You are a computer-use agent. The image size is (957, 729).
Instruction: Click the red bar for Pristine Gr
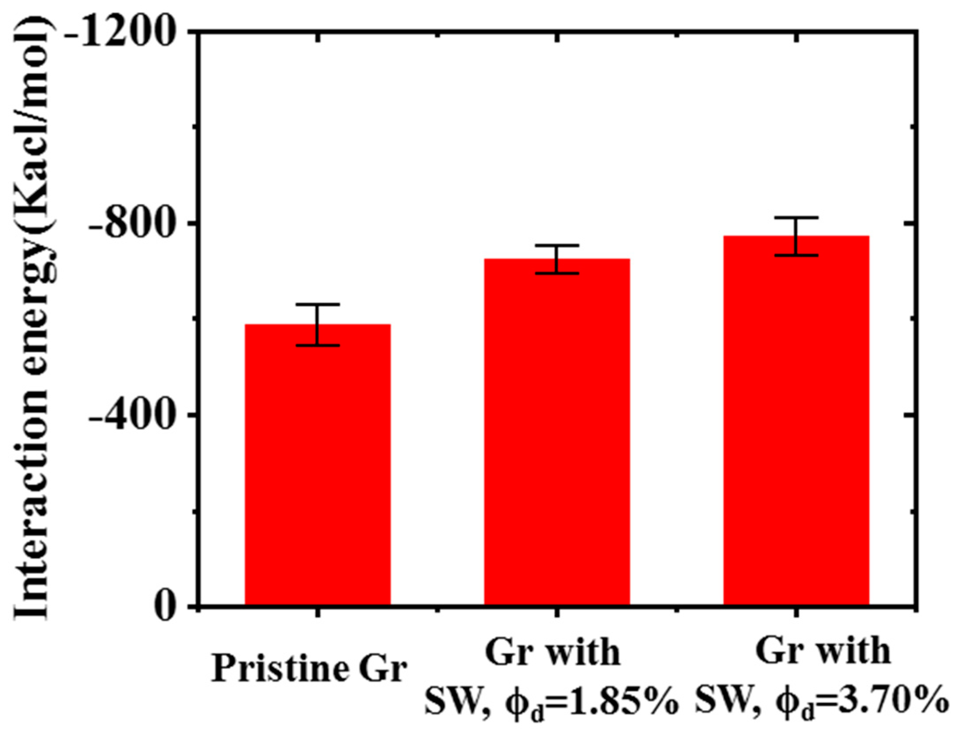point(317,466)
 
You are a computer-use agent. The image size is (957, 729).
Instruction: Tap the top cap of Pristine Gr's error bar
point(317,304)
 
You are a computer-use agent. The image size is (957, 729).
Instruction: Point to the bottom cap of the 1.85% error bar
point(557,273)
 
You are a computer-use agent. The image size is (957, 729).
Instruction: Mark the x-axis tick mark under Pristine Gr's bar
point(317,613)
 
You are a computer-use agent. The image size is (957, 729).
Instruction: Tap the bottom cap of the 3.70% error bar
point(796,255)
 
